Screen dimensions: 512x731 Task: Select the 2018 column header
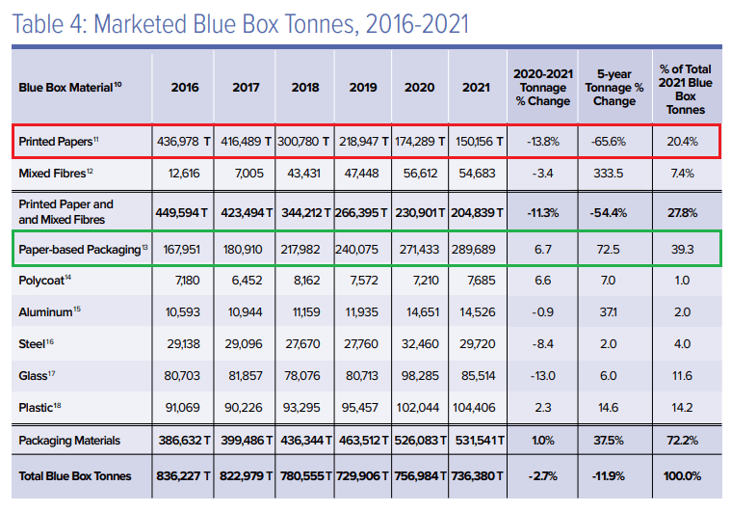pyautogui.click(x=304, y=87)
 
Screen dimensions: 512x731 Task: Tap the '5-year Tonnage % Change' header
pyautogui.click(x=614, y=87)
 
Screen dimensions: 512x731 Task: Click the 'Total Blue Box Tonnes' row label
pyautogui.click(x=75, y=475)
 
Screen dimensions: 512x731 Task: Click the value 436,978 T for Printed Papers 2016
pyautogui.click(x=184, y=142)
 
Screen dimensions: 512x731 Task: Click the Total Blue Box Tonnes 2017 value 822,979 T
pyautogui.click(x=245, y=475)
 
